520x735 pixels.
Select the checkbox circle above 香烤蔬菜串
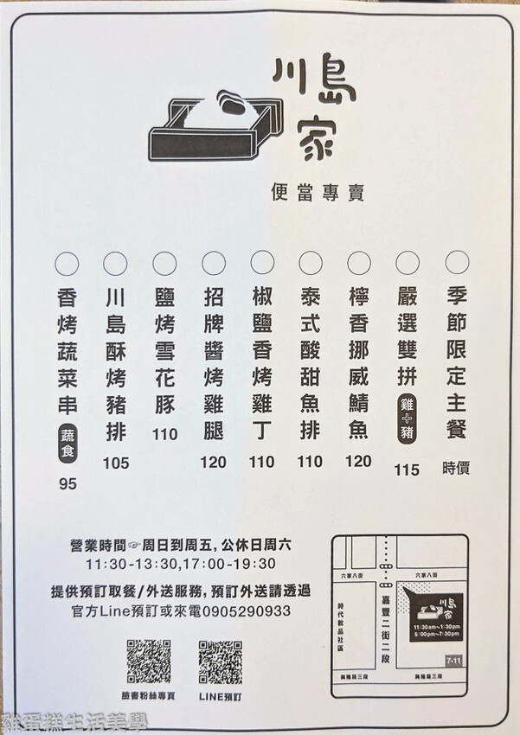[x=67, y=263]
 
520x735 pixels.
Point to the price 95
[x=67, y=483]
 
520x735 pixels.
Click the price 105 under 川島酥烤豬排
[x=115, y=463]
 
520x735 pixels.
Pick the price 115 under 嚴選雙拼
[x=406, y=470]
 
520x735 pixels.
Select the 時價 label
[x=457, y=468]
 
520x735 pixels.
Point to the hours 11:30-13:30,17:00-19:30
[x=181, y=564]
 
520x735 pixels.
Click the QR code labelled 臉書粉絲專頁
[x=149, y=662]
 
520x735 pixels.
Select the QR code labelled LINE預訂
[x=220, y=662]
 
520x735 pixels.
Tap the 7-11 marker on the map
[x=453, y=661]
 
